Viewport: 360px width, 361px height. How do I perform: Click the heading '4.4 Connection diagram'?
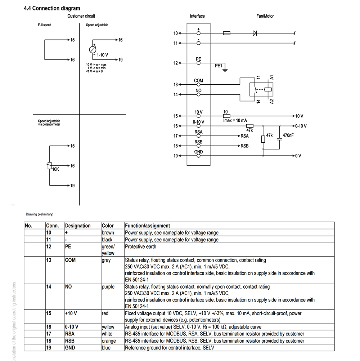coord(52,8)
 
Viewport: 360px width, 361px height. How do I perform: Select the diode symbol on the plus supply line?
coord(255,33)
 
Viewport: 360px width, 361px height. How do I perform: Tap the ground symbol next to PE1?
coord(225,70)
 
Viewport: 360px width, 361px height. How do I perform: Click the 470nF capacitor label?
coord(288,135)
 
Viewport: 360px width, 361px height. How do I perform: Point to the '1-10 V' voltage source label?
coord(102,55)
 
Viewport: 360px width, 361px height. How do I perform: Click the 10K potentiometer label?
coord(56,169)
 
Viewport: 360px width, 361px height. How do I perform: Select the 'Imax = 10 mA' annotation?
coord(235,120)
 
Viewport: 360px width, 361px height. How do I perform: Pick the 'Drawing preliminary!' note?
coord(39,214)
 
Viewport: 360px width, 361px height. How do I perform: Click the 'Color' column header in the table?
coord(108,226)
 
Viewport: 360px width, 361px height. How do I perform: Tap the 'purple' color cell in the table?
coord(108,287)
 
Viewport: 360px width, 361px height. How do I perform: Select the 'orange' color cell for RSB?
coord(109,341)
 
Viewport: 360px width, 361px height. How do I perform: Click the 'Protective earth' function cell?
coord(140,246)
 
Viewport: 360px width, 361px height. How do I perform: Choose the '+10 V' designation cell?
coord(71,313)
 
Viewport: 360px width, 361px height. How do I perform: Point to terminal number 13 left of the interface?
coord(176,85)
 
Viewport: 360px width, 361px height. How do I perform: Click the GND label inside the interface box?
coord(198,152)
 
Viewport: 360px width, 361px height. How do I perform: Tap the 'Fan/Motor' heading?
coord(265,16)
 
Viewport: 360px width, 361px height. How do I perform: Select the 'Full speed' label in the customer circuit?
coord(45,25)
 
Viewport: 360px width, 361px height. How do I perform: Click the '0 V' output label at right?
coord(298,156)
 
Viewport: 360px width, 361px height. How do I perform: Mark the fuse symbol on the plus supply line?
coord(226,33)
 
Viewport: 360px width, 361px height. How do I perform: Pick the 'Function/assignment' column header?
coord(148,226)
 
